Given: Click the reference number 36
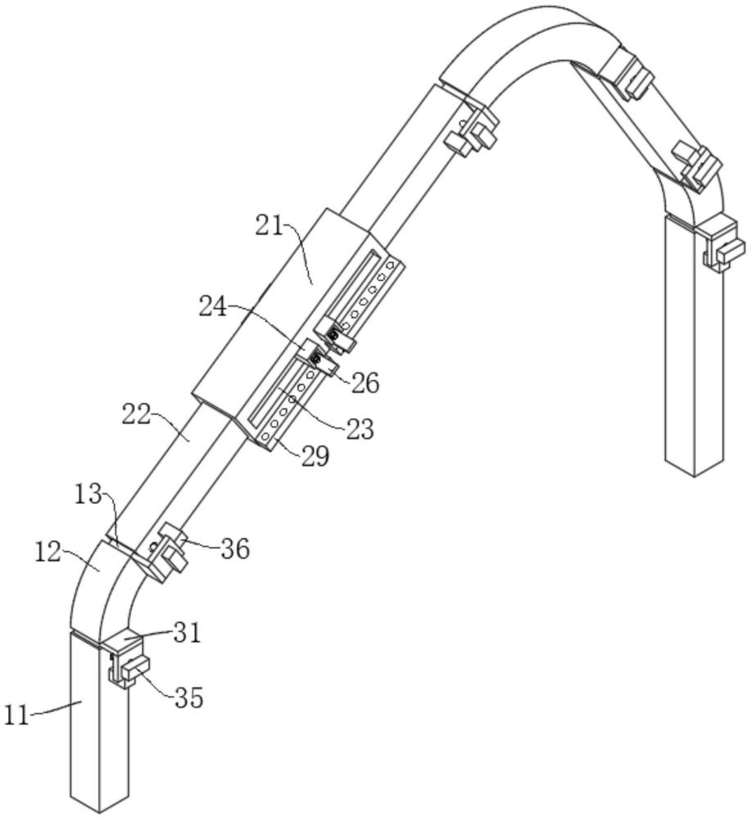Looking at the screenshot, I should click(x=234, y=549).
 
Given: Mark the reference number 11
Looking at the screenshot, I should click(x=16, y=715).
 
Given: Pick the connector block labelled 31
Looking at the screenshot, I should click(x=123, y=641).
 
